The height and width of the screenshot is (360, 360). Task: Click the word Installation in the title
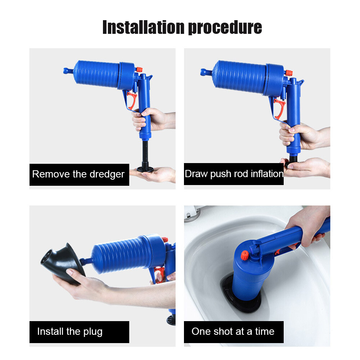143,27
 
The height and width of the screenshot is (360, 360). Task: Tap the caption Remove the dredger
78,174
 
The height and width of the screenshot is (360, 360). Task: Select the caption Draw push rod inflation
234,174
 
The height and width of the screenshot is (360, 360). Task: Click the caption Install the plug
70,331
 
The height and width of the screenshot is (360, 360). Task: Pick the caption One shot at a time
233,331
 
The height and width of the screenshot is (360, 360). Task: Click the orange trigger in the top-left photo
131,100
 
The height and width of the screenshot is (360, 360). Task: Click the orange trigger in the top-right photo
279,108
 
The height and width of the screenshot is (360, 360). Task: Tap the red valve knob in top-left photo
139,69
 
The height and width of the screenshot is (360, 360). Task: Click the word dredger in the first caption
107,174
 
